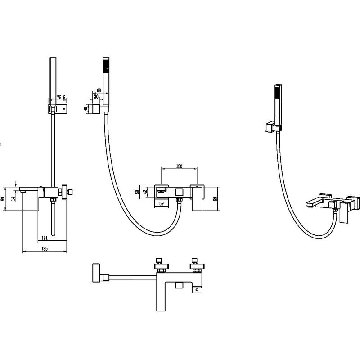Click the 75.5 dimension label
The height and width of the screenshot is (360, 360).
[x=61, y=98]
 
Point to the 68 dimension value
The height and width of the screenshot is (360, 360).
[x=99, y=90]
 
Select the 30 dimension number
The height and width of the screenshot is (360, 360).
[x=96, y=97]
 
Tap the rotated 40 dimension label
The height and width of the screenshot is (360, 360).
[x=85, y=109]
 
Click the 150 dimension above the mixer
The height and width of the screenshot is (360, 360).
[x=179, y=166]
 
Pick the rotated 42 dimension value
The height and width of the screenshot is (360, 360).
[x=145, y=192]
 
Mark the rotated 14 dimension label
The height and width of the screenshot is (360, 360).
[x=13, y=198]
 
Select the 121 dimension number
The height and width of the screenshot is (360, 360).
[x=45, y=238]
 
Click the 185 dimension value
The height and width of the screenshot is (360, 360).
[x=45, y=248]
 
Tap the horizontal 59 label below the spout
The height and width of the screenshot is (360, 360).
[x=162, y=203]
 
